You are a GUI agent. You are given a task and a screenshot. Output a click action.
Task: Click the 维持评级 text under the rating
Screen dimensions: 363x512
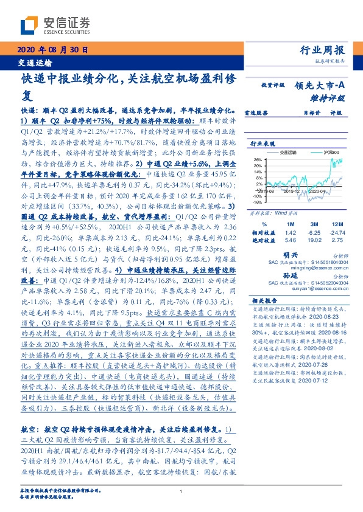click(330, 97)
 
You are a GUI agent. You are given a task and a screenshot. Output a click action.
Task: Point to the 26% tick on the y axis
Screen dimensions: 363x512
click(258, 159)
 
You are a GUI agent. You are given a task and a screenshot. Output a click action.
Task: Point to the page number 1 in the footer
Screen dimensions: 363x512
click(181, 492)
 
